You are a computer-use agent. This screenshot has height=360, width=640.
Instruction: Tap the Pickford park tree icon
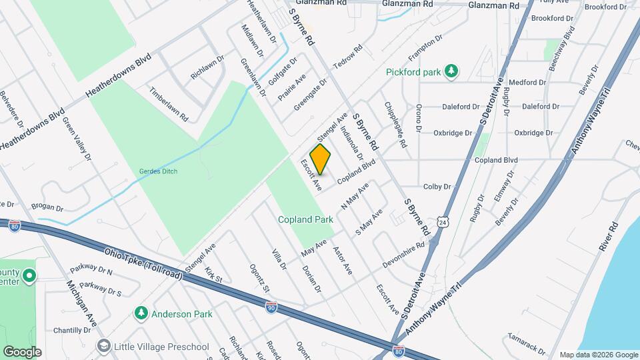[x=451, y=71]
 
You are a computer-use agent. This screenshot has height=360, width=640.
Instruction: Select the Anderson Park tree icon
[x=141, y=313]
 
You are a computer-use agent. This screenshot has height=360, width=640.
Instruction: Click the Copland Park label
[x=305, y=219]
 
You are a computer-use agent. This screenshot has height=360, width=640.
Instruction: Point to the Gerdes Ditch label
[x=157, y=171]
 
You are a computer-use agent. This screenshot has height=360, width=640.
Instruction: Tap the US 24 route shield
[x=443, y=221]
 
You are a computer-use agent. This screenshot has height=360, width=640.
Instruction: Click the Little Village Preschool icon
[x=103, y=346]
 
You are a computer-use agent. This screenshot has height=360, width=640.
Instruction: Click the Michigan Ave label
[x=82, y=303]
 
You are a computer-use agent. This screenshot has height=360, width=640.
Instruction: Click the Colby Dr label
[x=437, y=187]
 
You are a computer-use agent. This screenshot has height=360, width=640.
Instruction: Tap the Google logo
[x=22, y=352]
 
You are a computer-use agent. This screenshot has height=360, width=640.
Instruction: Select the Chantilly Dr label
[x=72, y=330]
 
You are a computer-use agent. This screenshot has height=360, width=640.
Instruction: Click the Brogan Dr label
[x=45, y=208]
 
